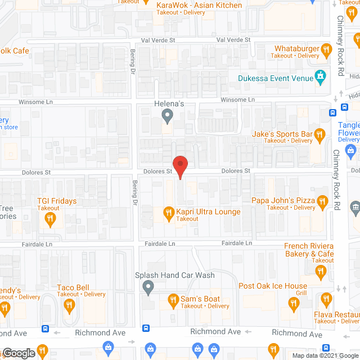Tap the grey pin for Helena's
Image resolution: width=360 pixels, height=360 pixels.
coord(166,116)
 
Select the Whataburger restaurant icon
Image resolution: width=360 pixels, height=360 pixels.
coord(326,52)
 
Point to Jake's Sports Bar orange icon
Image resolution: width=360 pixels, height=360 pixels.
coord(320,134)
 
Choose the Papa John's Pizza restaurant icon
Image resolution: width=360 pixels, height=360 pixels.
coord(322,201)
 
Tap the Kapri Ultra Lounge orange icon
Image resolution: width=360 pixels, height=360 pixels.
coord(168,212)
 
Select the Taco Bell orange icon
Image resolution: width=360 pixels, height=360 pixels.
coord(70,304)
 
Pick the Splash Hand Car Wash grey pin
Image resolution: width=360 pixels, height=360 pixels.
coord(148,287)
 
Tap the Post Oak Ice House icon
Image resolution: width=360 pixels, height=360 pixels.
coord(292,304)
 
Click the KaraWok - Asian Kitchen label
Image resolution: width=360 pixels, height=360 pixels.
coord(199,6)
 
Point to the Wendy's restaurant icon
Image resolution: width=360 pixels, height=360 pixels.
coord(5,307)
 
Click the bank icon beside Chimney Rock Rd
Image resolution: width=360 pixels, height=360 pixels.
coord(355,209)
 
